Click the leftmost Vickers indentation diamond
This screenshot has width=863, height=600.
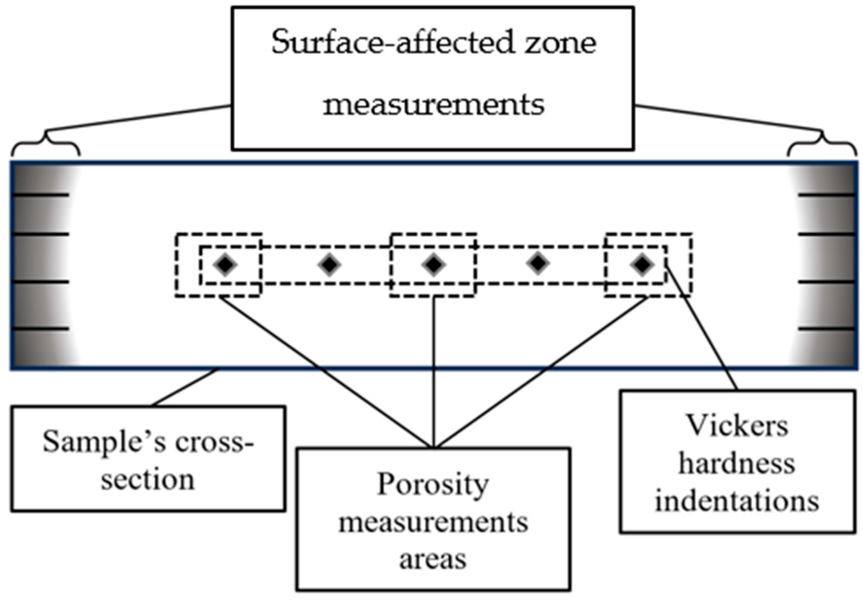225,265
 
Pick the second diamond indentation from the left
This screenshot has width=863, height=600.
329,265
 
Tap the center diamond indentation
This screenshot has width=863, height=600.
434,265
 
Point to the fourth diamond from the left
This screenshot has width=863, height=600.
538,263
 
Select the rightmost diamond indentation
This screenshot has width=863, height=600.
641,265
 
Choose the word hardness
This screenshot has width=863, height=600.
737,464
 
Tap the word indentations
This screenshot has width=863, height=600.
737,501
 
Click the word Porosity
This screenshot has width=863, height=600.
433,484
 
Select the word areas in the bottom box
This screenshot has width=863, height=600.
433,560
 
